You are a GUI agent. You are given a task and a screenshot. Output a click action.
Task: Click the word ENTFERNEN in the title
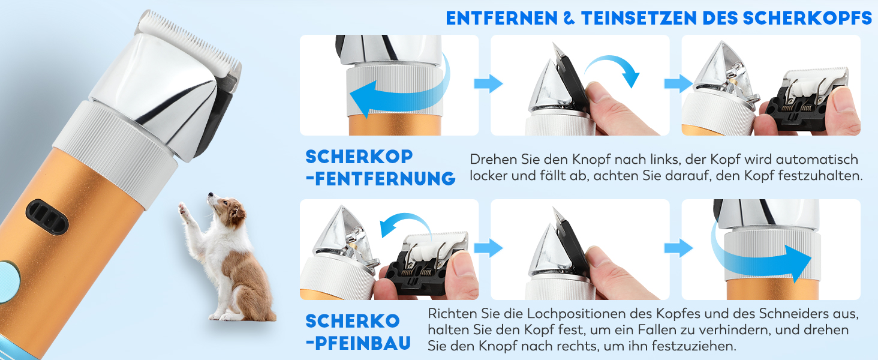pyautogui.click(x=502, y=19)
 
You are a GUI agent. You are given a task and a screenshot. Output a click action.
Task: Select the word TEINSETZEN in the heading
pyautogui.click(x=639, y=19)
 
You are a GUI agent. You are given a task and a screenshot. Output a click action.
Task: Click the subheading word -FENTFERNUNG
pyautogui.click(x=381, y=178)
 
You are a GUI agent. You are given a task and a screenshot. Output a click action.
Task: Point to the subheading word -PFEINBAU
pyautogui.click(x=358, y=343)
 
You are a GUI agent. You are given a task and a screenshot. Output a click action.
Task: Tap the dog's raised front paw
pyautogui.click(x=182, y=208)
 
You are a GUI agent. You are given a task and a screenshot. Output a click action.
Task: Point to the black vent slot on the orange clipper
pyautogui.click(x=47, y=217)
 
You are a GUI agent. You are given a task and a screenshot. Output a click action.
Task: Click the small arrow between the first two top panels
pyautogui.click(x=488, y=83)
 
